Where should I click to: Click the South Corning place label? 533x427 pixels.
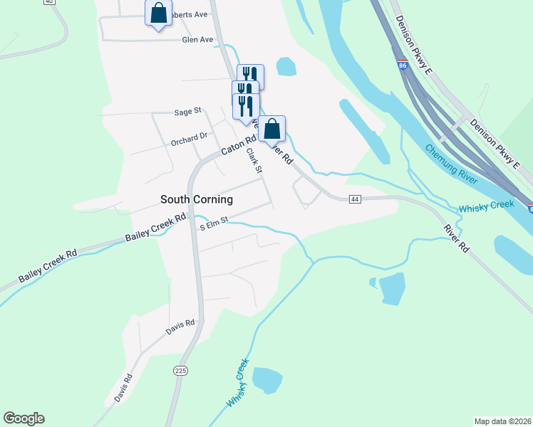click(x=197, y=200)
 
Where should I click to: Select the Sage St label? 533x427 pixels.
click(x=188, y=112)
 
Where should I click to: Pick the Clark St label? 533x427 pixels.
click(x=254, y=159)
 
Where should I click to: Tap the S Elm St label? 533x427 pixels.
click(x=214, y=223)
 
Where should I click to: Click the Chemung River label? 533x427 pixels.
click(x=451, y=164)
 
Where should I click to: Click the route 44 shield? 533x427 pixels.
click(x=355, y=199)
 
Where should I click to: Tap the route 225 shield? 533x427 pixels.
click(x=180, y=371)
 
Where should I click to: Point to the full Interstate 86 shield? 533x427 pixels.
click(x=403, y=65)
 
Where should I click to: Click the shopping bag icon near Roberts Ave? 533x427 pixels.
click(x=159, y=13)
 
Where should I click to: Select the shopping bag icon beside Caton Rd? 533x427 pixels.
click(x=272, y=129)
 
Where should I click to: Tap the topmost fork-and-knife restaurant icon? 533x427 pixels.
click(x=250, y=75)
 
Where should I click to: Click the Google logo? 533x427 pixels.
click(x=24, y=418)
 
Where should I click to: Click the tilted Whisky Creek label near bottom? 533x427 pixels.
click(x=238, y=383)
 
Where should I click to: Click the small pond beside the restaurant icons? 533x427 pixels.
click(x=286, y=66)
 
